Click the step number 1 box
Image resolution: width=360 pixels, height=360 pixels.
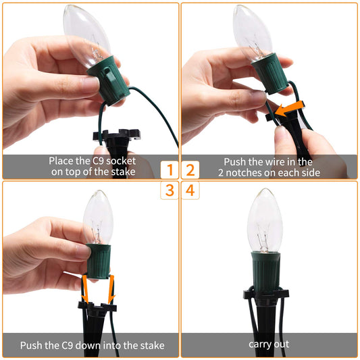tap(170, 170)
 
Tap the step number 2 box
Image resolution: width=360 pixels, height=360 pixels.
tap(190, 170)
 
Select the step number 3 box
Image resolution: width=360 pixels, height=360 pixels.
tap(170, 190)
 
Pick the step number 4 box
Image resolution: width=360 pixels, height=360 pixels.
tap(190, 190)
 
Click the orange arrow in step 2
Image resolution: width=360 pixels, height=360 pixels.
tap(290, 109)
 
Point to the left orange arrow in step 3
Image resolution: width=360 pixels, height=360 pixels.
tap(85, 289)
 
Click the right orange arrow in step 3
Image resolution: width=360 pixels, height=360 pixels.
tap(111, 289)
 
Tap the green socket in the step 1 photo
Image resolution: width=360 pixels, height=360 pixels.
tap(109, 80)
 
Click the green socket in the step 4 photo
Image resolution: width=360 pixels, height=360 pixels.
tap(265, 272)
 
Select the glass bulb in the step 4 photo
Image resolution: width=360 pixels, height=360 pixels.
tap(265, 220)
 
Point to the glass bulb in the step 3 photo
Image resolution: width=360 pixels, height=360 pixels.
tap(98, 217)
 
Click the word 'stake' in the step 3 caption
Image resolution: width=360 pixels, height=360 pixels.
tap(153, 346)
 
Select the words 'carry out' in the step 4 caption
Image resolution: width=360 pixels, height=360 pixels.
tap(269, 344)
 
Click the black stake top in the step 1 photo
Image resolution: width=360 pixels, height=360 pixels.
tap(117, 135)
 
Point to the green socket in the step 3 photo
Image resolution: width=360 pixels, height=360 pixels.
tap(99, 261)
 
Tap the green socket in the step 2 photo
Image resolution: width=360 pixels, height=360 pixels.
tap(270, 73)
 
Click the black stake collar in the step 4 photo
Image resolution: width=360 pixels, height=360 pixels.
tap(266, 294)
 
